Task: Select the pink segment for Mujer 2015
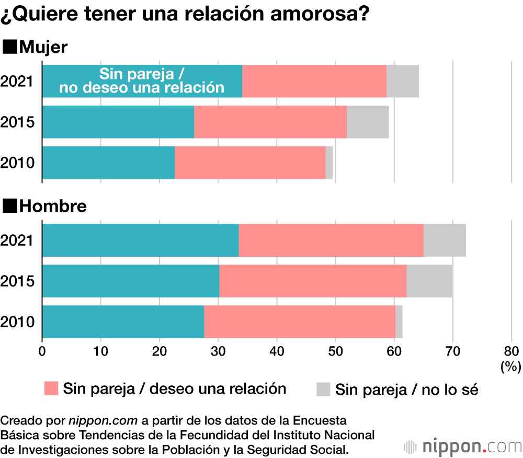(270, 122)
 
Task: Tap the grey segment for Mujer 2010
(329, 163)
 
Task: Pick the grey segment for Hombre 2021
(445, 240)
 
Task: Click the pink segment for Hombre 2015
(313, 281)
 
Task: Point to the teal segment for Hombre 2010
(123, 322)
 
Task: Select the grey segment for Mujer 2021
(403, 81)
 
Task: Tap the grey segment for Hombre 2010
(399, 322)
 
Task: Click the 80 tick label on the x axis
(511, 351)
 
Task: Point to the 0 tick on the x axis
(42, 351)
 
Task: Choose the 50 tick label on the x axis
(335, 351)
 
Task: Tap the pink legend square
(51, 388)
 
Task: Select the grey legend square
(324, 389)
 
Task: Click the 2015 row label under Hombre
(17, 281)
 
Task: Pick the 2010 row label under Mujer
(17, 163)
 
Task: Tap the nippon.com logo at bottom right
(463, 446)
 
